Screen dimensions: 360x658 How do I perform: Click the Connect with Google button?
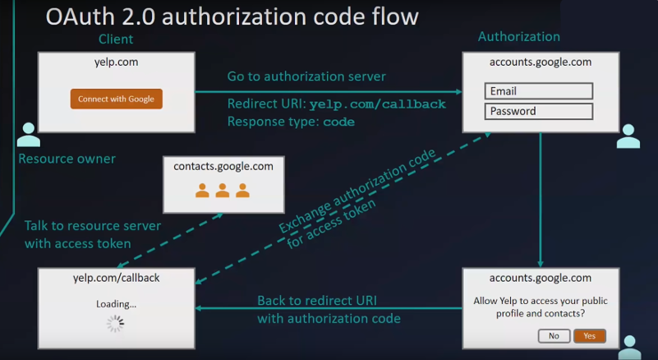[116, 99]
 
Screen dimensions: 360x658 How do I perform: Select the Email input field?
[538, 91]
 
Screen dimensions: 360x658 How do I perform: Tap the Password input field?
[538, 111]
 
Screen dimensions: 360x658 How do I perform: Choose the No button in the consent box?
[554, 335]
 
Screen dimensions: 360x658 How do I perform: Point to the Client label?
[116, 39]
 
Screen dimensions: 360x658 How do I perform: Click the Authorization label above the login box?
[518, 37]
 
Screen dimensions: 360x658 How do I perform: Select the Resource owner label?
[67, 159]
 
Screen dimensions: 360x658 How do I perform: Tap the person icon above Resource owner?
[29, 135]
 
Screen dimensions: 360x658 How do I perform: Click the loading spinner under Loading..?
[116, 324]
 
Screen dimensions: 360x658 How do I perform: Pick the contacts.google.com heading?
[223, 166]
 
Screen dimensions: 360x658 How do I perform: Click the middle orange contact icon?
[223, 191]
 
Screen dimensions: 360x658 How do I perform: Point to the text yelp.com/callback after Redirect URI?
[377, 104]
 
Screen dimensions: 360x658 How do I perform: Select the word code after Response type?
[338, 122]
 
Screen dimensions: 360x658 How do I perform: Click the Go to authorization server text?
[306, 76]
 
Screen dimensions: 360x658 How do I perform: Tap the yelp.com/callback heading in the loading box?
[116, 278]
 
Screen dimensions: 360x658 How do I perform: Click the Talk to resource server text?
[92, 225]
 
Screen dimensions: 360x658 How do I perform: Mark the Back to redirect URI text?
[317, 301]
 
